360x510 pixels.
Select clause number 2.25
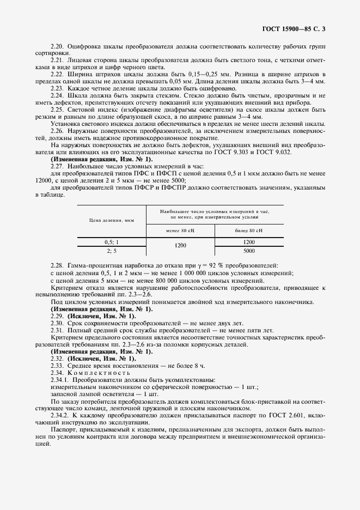coord(57,109)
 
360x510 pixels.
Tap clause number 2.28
coord(57,265)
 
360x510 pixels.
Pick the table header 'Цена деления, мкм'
coord(111,221)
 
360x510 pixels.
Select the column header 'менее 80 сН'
coord(180,230)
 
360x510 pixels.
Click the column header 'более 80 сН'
coord(249,230)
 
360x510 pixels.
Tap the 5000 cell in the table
coord(249,251)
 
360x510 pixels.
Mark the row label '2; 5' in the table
coord(111,251)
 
